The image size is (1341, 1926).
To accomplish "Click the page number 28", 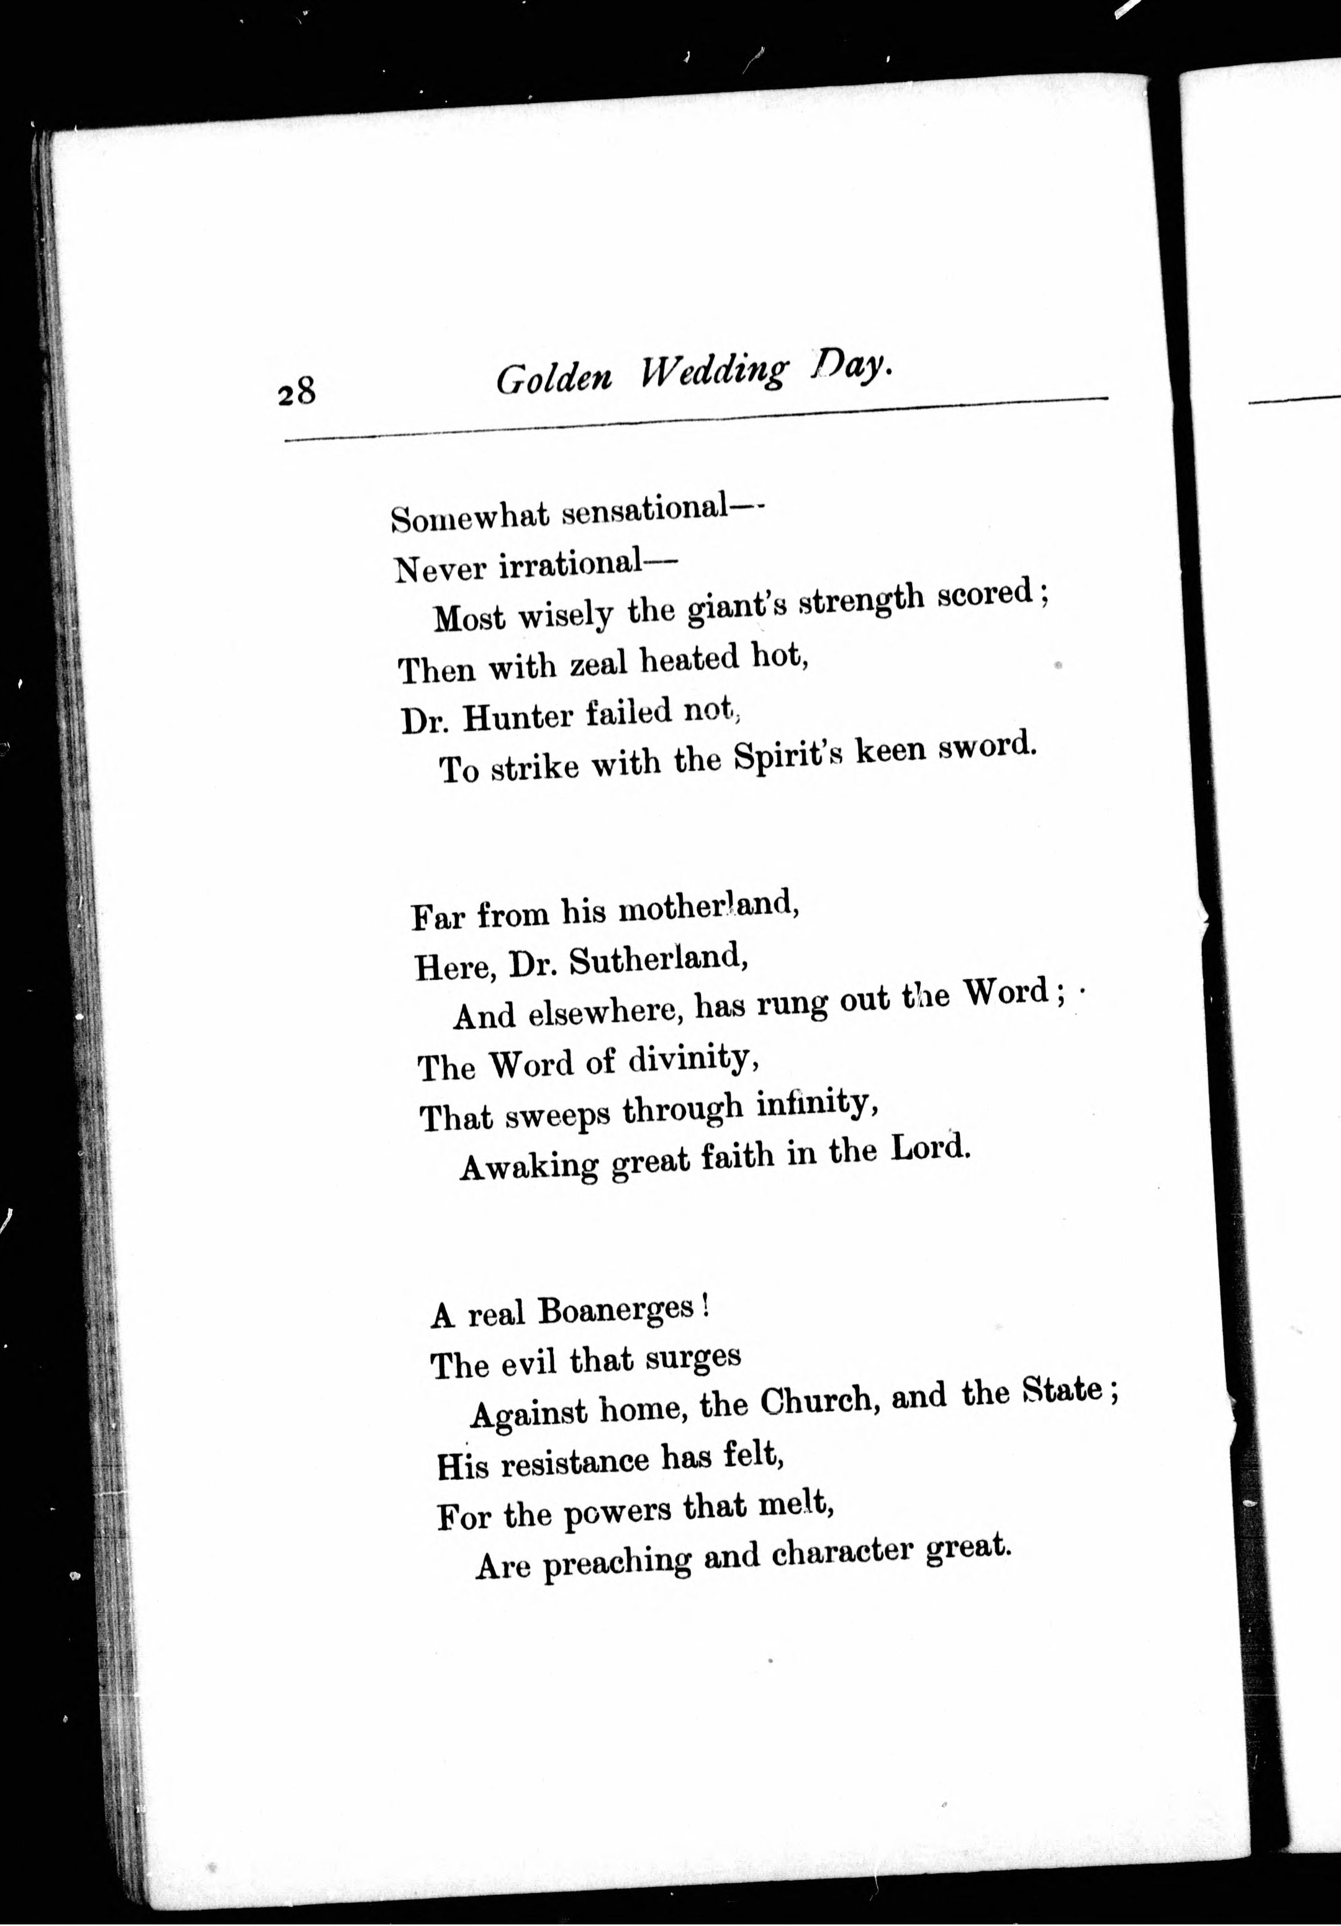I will click(x=296, y=392).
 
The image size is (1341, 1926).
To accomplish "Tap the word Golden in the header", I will click(x=554, y=379).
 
